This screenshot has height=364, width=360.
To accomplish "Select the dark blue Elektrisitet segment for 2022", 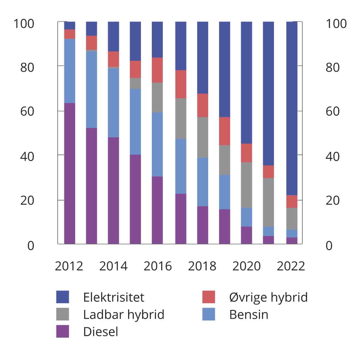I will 292,108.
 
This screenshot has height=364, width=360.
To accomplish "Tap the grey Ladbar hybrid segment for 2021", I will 268,202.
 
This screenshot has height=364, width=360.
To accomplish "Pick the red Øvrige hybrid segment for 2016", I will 157,70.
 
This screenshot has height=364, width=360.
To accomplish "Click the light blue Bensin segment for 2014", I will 113,103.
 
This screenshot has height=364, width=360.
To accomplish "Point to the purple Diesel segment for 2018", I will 202,225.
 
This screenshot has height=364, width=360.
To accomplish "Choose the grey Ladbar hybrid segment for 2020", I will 246,185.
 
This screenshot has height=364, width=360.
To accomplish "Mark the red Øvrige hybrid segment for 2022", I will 292,201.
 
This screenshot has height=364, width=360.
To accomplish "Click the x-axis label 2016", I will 157,266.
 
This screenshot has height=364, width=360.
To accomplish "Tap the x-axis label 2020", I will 246,266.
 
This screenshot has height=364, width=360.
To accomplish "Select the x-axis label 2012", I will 69,266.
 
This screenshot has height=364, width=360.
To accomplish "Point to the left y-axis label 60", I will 27,111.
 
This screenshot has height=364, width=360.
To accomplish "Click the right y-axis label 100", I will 336,24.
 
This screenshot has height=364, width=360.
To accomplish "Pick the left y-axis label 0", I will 31,246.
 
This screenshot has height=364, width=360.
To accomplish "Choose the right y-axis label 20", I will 332,200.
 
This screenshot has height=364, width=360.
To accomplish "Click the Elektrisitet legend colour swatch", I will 62,297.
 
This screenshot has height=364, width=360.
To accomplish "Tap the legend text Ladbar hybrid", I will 124,315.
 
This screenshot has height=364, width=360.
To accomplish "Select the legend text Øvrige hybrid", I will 268,297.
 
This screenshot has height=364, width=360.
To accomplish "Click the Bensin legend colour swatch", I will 208,314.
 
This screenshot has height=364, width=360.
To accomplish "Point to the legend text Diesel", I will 100,332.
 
